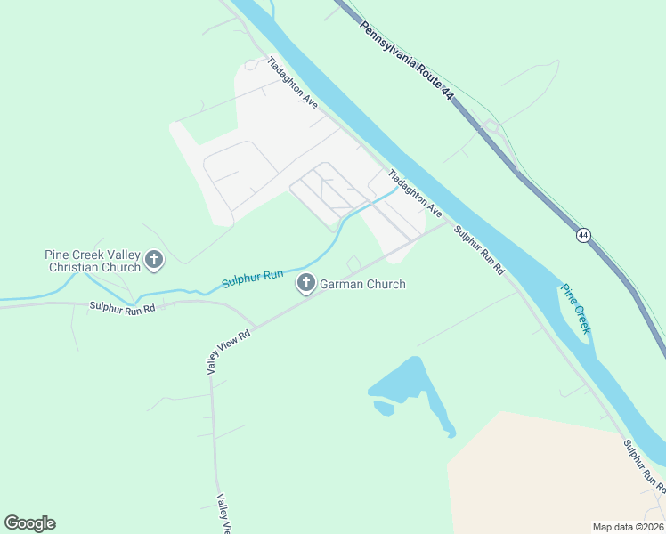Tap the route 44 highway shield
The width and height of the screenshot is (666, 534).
[x=583, y=235]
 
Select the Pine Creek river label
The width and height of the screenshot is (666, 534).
[x=576, y=308]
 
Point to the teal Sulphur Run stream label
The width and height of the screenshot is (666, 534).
[x=252, y=279]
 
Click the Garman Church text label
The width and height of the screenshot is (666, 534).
[x=362, y=285]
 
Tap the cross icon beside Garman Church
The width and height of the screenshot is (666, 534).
[x=305, y=284]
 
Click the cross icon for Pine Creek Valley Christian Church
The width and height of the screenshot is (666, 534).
[x=154, y=261]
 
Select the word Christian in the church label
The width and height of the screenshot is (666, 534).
[x=94, y=267]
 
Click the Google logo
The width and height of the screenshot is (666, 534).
[x=29, y=523]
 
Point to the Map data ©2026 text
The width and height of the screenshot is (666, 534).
[x=628, y=527]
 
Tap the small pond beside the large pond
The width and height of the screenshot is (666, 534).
[x=384, y=408]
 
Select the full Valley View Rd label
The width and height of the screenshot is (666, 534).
[x=230, y=350]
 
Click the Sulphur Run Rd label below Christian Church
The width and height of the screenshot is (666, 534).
[x=122, y=307]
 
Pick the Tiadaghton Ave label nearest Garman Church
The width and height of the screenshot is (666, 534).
[x=415, y=194]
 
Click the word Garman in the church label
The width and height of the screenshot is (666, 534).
[x=344, y=285]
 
